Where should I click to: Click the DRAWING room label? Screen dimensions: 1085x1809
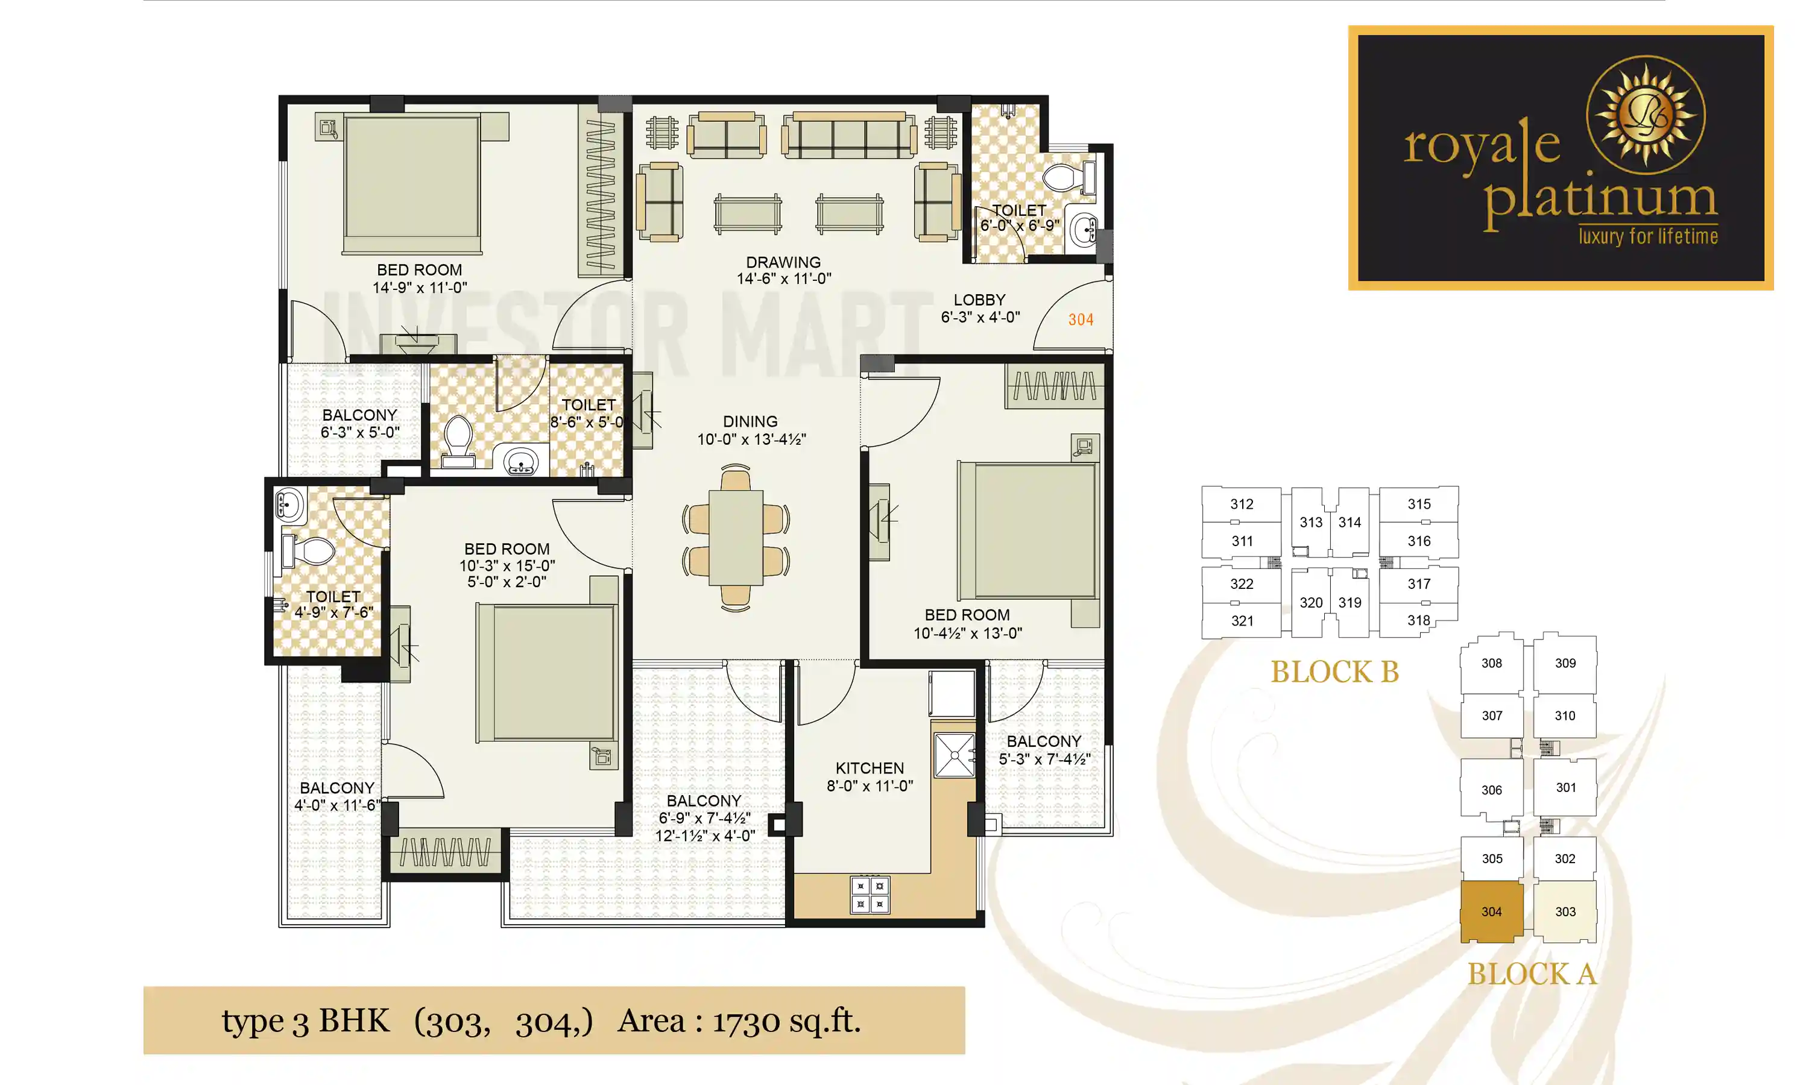783,262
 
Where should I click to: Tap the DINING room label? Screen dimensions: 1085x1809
750,421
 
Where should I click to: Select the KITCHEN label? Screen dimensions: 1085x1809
870,768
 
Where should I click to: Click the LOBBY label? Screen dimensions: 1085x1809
979,300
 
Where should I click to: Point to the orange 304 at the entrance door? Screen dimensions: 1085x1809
1080,319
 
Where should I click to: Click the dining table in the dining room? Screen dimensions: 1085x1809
736,538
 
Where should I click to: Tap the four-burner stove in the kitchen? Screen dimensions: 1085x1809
870,895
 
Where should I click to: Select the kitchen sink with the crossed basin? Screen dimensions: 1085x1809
954,755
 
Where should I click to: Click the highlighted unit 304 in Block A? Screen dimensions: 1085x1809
1492,912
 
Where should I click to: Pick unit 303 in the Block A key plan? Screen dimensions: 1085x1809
1565,912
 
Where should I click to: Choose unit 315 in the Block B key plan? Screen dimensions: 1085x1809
1418,504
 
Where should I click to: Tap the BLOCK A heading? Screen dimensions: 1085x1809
1532,974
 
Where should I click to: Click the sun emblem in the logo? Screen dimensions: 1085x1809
1645,115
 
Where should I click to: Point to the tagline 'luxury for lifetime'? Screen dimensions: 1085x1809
1648,236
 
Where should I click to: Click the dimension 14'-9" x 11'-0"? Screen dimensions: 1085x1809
420,288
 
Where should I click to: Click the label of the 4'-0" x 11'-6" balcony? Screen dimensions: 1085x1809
337,788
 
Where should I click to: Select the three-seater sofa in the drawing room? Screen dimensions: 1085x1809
848,136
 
